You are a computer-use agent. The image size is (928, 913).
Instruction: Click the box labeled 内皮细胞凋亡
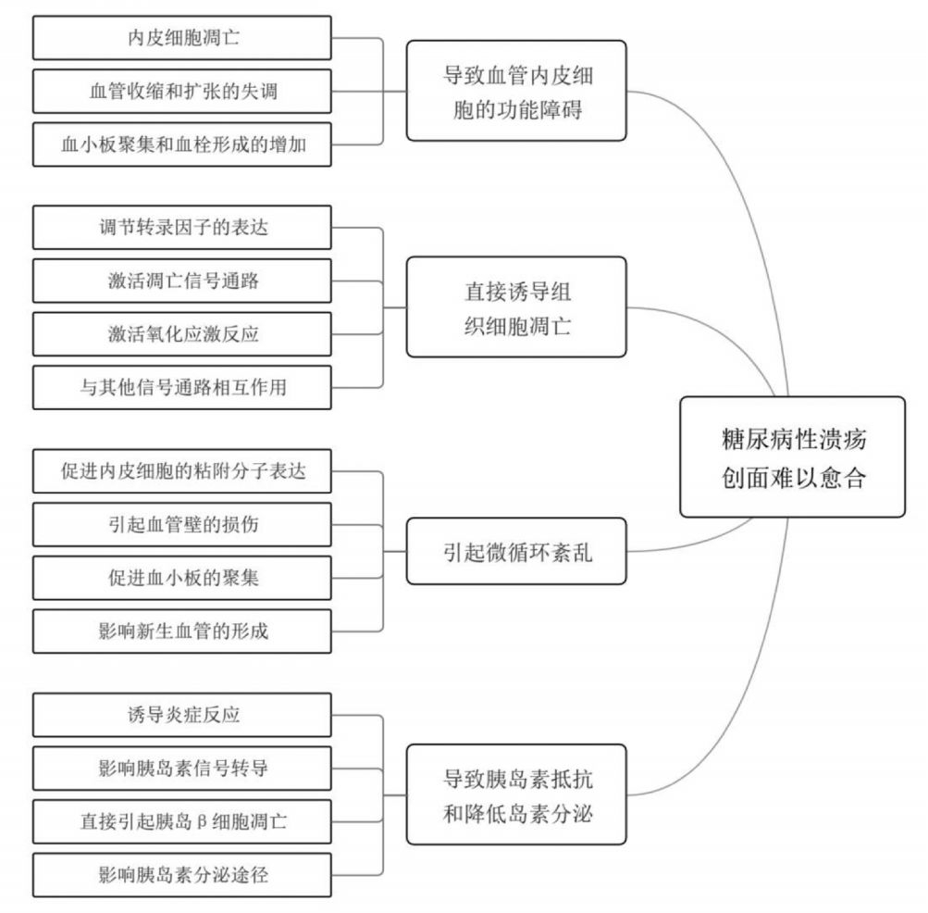pos(182,38)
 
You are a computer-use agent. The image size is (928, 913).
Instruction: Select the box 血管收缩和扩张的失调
pos(182,92)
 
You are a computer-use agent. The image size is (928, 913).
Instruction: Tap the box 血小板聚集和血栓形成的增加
pos(182,144)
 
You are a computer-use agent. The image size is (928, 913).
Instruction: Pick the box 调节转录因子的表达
pos(182,228)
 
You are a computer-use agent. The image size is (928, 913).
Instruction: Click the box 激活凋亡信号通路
pos(182,281)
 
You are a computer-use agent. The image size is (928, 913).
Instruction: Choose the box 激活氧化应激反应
pos(182,334)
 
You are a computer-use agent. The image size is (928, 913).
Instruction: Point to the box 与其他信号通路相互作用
pos(182,387)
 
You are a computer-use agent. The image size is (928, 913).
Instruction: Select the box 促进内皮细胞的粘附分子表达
pos(182,471)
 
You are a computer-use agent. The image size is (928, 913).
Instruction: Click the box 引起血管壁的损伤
pos(182,524)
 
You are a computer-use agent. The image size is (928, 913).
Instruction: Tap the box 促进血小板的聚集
pos(182,578)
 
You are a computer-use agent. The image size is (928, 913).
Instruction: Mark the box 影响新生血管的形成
pos(182,631)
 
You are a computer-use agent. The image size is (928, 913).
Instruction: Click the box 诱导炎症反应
pos(182,715)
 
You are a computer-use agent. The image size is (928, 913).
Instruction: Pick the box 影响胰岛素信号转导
pos(182,769)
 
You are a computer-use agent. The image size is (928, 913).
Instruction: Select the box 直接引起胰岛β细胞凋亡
pos(182,821)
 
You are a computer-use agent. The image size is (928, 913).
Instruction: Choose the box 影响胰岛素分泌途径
pos(182,875)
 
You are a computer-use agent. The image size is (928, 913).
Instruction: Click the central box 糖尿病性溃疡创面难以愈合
pos(793,456)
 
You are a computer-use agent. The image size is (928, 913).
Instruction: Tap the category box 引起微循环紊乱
pos(516,551)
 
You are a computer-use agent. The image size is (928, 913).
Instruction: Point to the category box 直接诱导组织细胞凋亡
pos(516,306)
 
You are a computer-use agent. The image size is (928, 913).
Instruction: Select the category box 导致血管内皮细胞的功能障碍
pos(516,91)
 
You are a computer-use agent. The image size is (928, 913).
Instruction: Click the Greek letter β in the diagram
pos(201,822)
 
